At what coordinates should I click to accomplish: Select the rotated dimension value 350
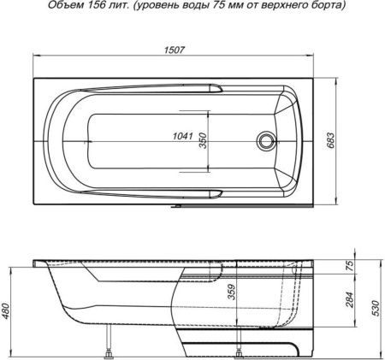tap(204, 141)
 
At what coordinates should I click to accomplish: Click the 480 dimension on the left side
tap(8, 311)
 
